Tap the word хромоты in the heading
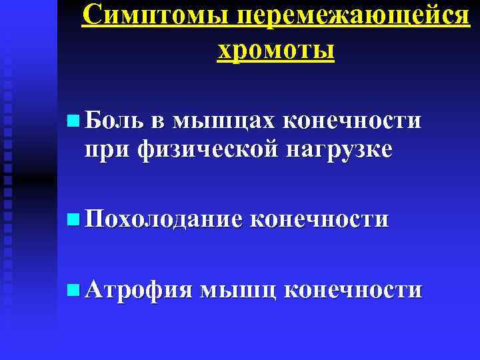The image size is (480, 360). click(x=275, y=49)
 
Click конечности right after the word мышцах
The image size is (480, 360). click(x=353, y=121)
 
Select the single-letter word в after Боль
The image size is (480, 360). click(x=155, y=122)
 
